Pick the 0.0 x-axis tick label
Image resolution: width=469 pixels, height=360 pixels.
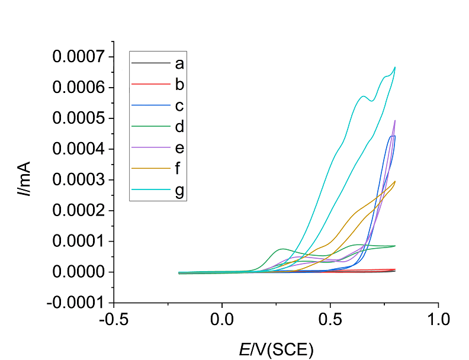coord(222,320)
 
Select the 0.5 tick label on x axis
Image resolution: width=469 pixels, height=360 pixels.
coord(330,320)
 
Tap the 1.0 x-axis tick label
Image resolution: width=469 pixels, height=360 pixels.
coord(438,320)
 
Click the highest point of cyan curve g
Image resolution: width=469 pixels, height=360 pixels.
coord(395,67)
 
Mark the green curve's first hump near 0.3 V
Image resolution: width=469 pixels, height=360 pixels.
coord(283,249)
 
